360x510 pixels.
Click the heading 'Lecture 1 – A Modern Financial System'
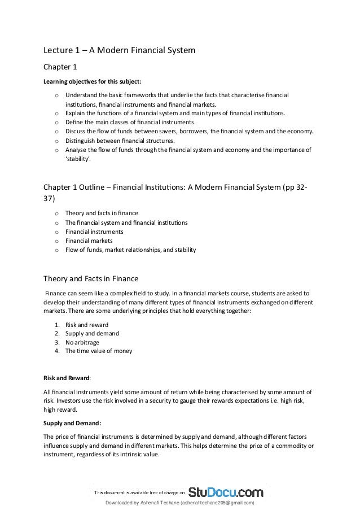coord(120,50)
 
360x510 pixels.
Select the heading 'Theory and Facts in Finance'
coord(91,278)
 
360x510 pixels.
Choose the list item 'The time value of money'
coord(99,351)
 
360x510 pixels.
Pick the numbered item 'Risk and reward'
coord(87,325)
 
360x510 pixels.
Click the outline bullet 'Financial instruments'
coord(94,232)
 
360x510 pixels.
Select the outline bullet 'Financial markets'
coord(89,241)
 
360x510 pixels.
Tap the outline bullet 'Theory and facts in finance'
coord(102,213)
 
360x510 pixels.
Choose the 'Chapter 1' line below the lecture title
coord(60,67)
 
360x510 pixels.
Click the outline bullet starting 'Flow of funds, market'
coord(131,250)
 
